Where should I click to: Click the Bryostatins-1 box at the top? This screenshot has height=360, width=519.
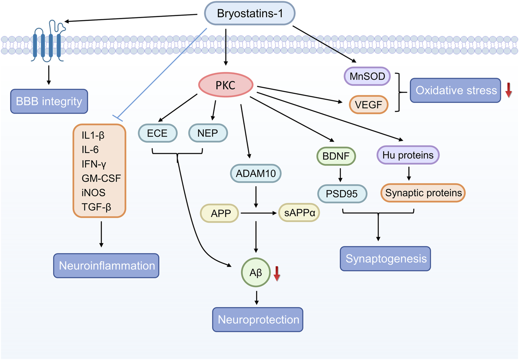click(x=250, y=14)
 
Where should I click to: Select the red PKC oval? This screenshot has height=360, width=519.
click(x=225, y=85)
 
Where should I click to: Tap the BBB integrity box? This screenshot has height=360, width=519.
click(x=49, y=101)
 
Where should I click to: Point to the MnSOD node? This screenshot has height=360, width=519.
click(x=367, y=76)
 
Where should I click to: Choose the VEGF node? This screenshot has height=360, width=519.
click(x=369, y=105)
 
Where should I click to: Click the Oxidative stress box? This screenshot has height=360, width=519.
click(x=456, y=91)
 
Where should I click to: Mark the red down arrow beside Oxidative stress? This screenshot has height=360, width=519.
click(x=508, y=90)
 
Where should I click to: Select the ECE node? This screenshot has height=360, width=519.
click(x=157, y=133)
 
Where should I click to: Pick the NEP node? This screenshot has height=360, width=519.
click(x=208, y=133)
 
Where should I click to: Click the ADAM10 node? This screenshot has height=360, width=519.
click(x=256, y=173)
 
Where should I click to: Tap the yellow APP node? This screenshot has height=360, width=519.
click(x=220, y=213)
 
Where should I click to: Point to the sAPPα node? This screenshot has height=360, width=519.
click(x=299, y=213)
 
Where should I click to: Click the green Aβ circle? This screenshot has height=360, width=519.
click(x=256, y=273)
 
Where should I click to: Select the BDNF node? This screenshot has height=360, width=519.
click(x=336, y=156)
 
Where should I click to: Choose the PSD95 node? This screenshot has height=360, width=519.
click(x=342, y=194)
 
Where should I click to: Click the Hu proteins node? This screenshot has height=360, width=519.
click(x=408, y=155)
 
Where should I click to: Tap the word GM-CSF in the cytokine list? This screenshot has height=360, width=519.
click(x=101, y=178)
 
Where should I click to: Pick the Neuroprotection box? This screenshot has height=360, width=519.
click(x=258, y=320)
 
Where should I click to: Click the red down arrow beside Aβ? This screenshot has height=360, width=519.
click(x=277, y=273)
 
